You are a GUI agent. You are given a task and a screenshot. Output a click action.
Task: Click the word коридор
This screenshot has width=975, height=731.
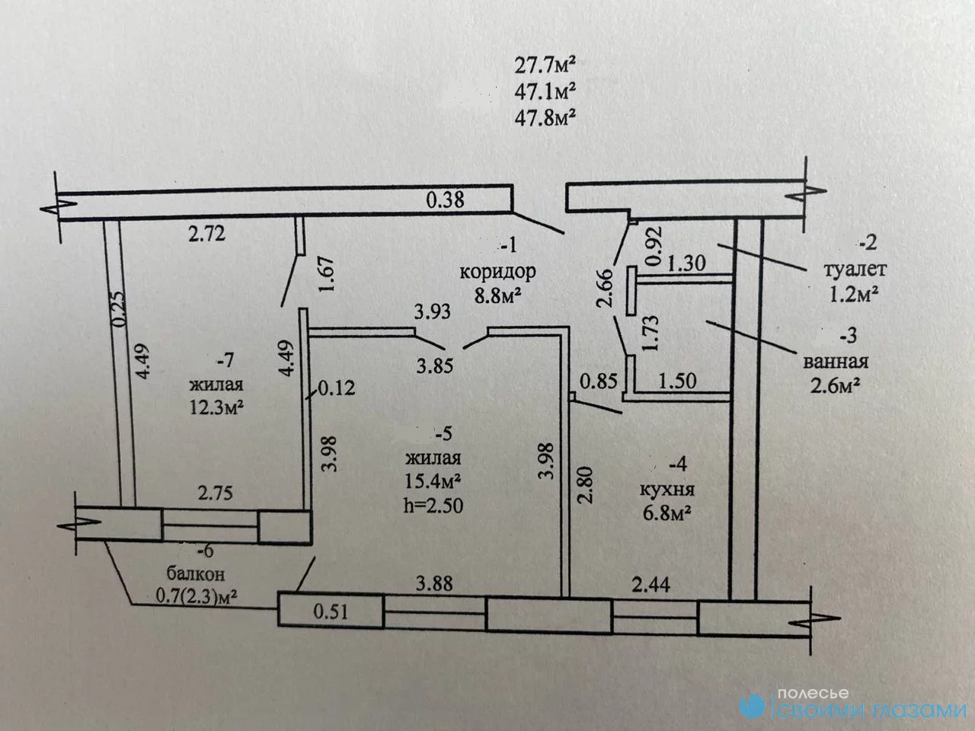point(497,272)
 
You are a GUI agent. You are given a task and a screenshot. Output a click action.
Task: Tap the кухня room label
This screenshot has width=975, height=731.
point(667,490)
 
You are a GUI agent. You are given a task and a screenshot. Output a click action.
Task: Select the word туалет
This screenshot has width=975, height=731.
point(855,270)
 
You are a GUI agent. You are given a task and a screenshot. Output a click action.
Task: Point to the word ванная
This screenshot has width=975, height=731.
point(836,362)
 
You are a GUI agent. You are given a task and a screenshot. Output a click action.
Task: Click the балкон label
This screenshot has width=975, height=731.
point(196,574)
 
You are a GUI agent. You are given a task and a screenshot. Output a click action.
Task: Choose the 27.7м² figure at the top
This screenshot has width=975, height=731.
point(545,66)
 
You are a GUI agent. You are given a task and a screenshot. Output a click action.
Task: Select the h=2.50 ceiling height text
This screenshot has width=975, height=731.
point(433,505)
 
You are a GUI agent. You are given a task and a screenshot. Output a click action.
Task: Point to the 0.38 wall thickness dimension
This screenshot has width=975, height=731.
point(445,200)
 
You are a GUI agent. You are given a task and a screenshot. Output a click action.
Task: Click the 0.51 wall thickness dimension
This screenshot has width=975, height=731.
point(331,612)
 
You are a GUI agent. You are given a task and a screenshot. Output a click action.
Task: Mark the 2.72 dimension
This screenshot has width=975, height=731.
point(207,234)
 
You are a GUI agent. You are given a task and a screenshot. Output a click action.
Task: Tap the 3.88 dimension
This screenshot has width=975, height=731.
point(434,583)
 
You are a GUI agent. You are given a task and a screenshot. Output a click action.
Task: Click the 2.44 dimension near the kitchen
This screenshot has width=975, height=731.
point(651,585)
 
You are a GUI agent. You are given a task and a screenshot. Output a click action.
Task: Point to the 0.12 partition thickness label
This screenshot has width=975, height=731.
point(337,388)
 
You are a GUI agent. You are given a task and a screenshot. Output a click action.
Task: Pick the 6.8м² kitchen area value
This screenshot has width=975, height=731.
point(667,514)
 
